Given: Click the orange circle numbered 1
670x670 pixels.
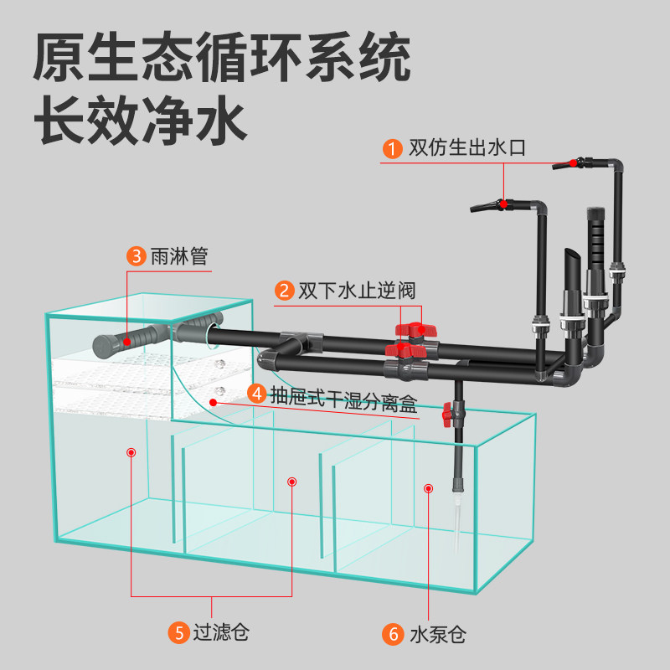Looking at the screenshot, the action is pos(392,149).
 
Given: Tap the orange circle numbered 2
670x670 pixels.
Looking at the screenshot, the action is pos(284,291).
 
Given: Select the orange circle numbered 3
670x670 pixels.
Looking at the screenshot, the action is pos(137,256).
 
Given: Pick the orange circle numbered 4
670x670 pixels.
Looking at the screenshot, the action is pos(257,394).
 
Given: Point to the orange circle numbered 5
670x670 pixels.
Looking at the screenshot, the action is pos(178,633).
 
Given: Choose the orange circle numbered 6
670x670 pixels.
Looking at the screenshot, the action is pos(392,634).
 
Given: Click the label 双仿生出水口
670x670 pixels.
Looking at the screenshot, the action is pos(467,148).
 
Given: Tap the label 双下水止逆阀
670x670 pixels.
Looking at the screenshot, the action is pos(357,291).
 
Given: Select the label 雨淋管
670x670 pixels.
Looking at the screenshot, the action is pos(179,256).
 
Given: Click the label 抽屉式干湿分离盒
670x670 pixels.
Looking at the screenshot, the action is pos(344,399).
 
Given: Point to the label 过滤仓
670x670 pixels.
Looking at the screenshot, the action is pos(221,632).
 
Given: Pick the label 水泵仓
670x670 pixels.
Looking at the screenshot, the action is pos(438,635).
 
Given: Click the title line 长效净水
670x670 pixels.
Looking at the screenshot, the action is pos(141,120).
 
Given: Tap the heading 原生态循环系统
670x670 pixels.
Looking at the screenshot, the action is pos(222,57).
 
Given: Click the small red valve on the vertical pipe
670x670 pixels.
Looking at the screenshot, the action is pos(448,414).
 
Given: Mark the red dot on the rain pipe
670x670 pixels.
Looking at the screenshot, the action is pos(126,342).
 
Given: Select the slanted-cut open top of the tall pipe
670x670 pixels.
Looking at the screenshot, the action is pos(573,256).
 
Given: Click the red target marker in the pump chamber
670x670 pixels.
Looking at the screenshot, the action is pos(428,488).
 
